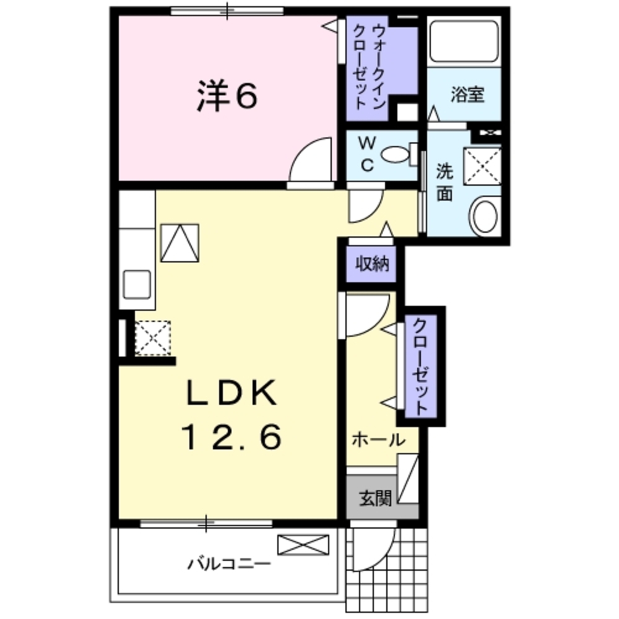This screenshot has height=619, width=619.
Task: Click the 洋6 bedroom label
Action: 227,97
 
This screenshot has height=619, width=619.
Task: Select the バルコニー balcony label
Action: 229,564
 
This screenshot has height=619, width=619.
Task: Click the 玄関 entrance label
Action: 376,497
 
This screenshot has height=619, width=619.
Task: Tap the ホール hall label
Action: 378,440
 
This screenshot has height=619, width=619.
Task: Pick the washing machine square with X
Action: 482,165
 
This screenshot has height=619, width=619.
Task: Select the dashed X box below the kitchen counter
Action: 152,338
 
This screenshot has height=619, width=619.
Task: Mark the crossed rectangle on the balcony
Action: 303,545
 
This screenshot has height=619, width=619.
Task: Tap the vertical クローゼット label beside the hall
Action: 420,366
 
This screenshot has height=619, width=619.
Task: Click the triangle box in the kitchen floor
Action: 180,242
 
